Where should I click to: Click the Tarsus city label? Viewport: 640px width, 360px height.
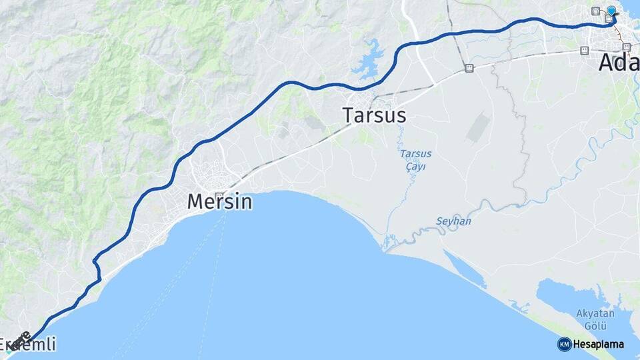pyautogui.click(x=374, y=115)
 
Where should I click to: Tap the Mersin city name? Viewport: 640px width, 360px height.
pyautogui.click(x=219, y=201)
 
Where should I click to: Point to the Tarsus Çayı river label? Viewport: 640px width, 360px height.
pyautogui.click(x=415, y=160)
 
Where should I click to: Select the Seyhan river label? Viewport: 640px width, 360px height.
pyautogui.click(x=453, y=221)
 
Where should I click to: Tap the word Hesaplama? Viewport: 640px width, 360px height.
pyautogui.click(x=599, y=344)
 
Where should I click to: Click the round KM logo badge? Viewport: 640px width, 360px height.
pyautogui.click(x=564, y=344)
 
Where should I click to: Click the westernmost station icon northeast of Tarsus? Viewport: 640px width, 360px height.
pyautogui.click(x=469, y=67)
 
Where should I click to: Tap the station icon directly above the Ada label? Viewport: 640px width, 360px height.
pyautogui.click(x=626, y=47)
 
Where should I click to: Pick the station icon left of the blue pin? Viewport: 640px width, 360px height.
pyautogui.click(x=595, y=11)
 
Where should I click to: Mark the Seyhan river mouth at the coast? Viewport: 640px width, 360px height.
pyautogui.click(x=385, y=250)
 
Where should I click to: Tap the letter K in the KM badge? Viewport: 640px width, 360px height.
pyautogui.click(x=561, y=344)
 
